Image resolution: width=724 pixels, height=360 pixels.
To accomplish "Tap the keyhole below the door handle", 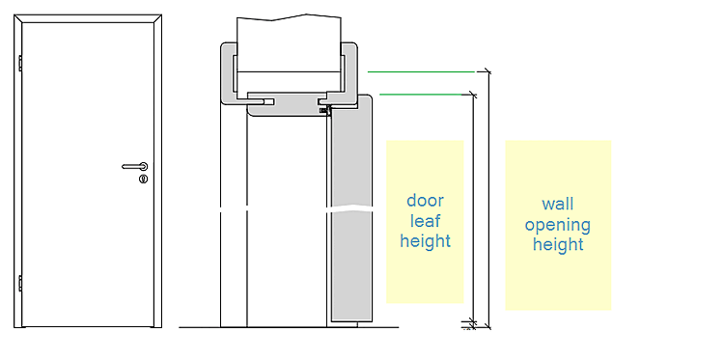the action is point(144,180).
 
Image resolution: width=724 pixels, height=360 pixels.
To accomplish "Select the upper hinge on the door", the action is point(20,64).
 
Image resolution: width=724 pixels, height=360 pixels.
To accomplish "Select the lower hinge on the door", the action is point(20,284).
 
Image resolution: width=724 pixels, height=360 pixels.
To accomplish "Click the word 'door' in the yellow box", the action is point(425,201).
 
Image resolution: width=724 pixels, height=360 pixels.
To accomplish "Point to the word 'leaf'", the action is point(425,221).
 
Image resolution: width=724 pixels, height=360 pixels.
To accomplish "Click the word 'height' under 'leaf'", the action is point(425,241).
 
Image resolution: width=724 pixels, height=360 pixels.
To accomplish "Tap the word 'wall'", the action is point(558,204).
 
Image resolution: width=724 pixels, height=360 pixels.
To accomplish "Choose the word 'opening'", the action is point(558,225).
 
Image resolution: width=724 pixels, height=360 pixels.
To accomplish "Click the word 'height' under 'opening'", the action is point(558,244).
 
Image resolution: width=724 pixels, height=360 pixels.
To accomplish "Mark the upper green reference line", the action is point(421,72).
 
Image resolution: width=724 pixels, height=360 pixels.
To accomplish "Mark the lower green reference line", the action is point(421,95).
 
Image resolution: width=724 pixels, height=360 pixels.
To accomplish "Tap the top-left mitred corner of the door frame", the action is point(18,18).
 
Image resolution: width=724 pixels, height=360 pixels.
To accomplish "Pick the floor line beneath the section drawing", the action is point(289,328).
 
